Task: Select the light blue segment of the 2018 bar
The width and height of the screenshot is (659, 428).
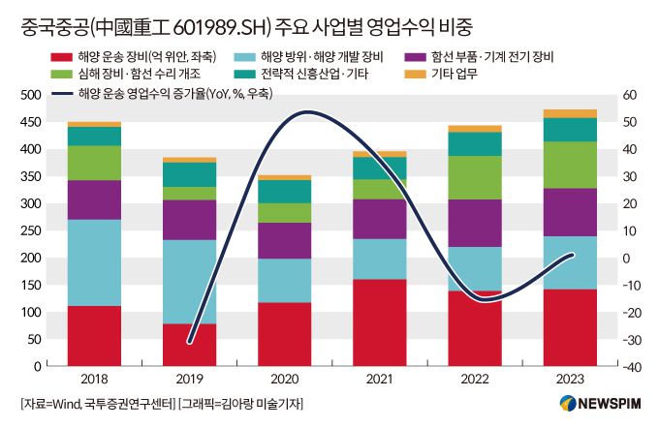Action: coord(94,262)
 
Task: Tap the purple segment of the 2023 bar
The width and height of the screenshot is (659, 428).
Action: coord(570,212)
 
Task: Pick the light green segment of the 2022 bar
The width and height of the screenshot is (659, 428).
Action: coord(474,177)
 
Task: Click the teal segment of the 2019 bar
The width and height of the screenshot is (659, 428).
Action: coord(189,174)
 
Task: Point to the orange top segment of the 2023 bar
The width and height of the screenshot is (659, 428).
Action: coord(570,113)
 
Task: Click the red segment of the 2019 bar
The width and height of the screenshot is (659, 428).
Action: coord(189,345)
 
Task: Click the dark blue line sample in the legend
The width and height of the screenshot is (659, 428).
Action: coord(59,94)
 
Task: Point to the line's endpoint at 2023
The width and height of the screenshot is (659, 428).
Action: coord(572,255)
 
